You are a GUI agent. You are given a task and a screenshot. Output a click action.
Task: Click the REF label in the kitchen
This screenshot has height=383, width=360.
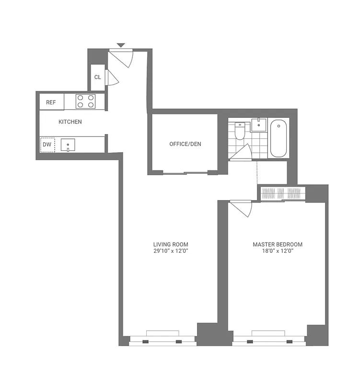[x=51, y=102]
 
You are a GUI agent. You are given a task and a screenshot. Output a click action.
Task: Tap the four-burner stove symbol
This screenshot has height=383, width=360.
[x=86, y=101]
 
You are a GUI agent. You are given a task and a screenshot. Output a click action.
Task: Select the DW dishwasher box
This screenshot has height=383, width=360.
[x=47, y=144]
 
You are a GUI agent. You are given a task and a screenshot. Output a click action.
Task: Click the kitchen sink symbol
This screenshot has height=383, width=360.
[x=68, y=144]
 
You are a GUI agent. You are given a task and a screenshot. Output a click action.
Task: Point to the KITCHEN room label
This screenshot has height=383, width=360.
[x=70, y=122]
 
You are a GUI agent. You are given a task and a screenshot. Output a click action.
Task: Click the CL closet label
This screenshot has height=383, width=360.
[x=97, y=77]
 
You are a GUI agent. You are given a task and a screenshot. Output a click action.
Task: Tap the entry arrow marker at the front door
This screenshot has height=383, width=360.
[x=121, y=45]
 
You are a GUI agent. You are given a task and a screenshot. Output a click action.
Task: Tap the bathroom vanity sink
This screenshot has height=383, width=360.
[x=259, y=125]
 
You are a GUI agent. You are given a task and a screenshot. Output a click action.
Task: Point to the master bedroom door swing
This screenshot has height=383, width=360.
[x=241, y=208]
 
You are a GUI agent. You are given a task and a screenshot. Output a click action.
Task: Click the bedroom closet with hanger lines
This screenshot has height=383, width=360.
[x=282, y=193]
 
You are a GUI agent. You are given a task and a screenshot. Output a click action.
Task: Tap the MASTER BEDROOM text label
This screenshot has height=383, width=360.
[x=278, y=244]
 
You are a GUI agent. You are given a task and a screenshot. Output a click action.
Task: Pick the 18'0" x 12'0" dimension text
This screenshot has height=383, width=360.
[x=278, y=251]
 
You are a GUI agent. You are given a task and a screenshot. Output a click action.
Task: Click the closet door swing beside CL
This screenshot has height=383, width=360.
[x=111, y=78]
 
